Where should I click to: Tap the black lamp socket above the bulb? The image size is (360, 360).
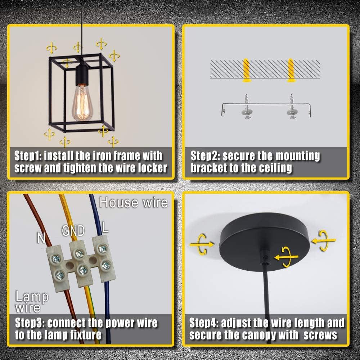(x=82, y=73)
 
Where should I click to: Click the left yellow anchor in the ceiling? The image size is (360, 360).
(x=246, y=70)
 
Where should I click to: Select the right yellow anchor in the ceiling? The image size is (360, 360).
(x=291, y=70)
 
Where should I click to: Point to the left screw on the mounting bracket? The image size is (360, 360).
(x=247, y=107)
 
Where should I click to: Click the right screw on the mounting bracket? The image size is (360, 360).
(x=292, y=107)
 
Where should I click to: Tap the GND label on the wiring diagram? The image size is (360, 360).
(x=73, y=231)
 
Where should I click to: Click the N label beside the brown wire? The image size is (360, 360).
(x=41, y=238)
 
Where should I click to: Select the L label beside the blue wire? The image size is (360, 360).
(x=105, y=227)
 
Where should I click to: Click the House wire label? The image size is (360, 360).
(x=134, y=203)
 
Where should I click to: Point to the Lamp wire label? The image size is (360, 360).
(x=32, y=302)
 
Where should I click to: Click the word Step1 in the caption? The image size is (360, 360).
(x=28, y=156)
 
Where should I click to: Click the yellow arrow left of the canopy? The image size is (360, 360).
(x=202, y=244)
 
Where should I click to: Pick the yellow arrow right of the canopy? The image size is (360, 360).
(x=324, y=240)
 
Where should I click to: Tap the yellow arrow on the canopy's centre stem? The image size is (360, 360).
(x=287, y=257)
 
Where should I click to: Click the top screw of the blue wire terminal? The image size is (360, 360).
(x=102, y=249)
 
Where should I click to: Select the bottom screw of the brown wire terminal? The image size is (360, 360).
(x=60, y=274)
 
